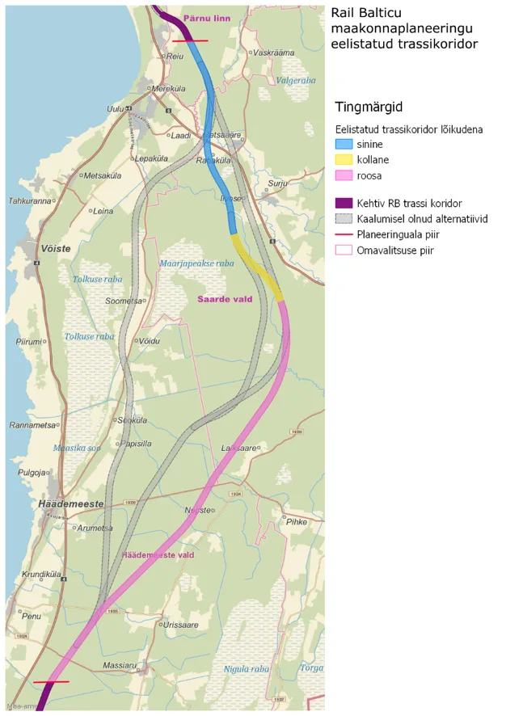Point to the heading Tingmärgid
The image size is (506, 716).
coord(369,107)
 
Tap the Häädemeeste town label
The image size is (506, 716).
coord(70,503)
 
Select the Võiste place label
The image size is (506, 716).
coord(55,249)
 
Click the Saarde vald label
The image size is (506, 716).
coord(225,299)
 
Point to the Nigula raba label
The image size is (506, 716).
coord(247,668)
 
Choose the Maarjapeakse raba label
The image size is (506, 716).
coord(196,263)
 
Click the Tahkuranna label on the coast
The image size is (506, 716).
coord(30,200)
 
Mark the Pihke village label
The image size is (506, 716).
coord(297,522)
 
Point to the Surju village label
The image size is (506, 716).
coord(279,183)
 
